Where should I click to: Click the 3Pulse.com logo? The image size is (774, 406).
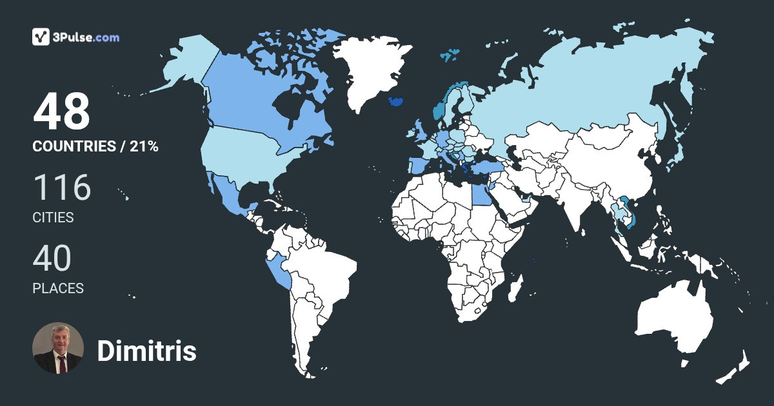(76, 37)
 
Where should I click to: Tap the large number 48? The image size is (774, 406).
(62, 112)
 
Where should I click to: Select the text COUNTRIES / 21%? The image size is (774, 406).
(95, 146)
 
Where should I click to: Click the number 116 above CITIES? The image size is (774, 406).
(62, 188)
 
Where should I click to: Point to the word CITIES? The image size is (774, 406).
(53, 218)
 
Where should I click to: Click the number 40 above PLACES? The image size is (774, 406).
(52, 258)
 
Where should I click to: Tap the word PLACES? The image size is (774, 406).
(58, 289)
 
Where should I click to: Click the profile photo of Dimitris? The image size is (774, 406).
(58, 348)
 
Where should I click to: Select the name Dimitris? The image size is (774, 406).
(146, 351)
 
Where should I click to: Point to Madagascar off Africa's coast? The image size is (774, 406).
(514, 288)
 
